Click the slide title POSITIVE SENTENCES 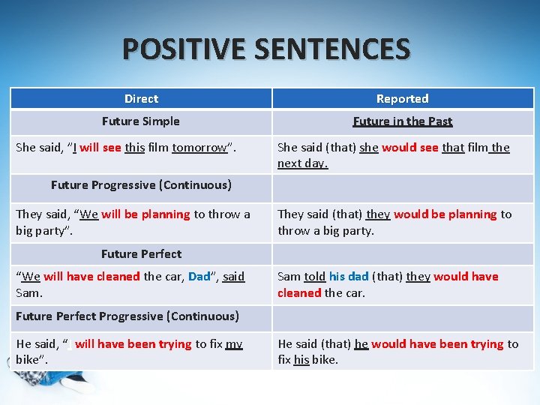[x=266, y=49]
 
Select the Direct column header [x=141, y=99]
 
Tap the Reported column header [x=402, y=99]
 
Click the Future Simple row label [x=141, y=121]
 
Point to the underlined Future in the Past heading [x=403, y=121]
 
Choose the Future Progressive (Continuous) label [x=141, y=185]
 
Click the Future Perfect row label [x=141, y=254]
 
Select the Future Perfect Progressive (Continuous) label [x=127, y=316]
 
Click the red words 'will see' [x=100, y=148]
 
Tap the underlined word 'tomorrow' [x=199, y=148]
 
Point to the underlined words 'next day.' [x=302, y=163]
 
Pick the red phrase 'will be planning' [x=145, y=214]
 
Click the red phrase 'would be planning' [x=445, y=214]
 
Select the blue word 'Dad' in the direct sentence [x=199, y=277]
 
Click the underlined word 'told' [x=314, y=277]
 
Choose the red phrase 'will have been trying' [x=133, y=344]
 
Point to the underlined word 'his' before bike [x=301, y=360]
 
